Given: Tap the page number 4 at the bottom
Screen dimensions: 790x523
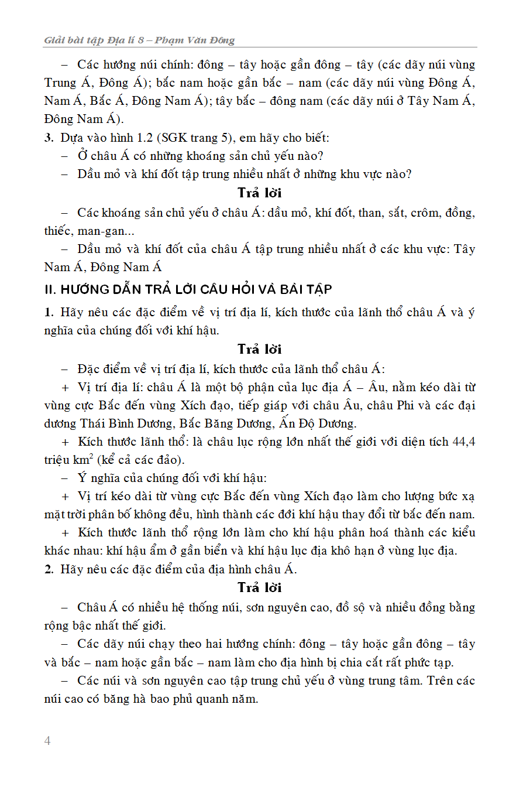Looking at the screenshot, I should point(47,741).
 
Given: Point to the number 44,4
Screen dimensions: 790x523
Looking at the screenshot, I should point(464,442).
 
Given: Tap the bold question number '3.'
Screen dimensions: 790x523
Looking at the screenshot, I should point(49,138).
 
